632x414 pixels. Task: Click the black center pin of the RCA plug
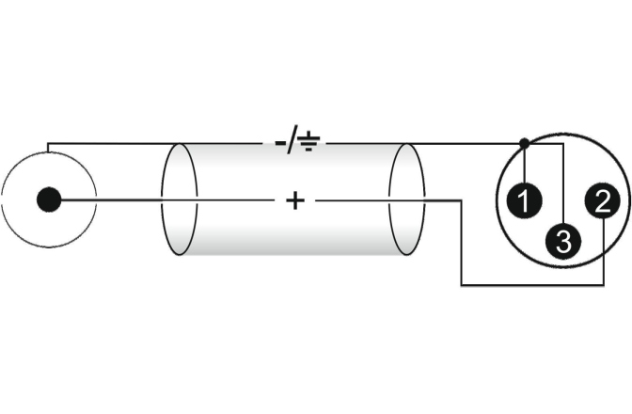tap(49, 199)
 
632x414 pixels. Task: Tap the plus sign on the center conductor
tap(295, 200)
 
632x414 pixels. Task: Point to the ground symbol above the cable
tap(309, 143)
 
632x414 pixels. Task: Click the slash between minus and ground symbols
tap(294, 143)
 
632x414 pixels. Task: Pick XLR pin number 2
tap(601, 199)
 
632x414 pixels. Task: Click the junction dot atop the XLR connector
tap(524, 144)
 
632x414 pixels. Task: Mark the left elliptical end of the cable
tap(178, 200)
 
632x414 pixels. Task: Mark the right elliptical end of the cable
tap(407, 200)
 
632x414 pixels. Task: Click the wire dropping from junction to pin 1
tap(524, 165)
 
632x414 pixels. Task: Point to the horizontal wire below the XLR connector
tap(527, 284)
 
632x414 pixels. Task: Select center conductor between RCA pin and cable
tap(113, 200)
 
